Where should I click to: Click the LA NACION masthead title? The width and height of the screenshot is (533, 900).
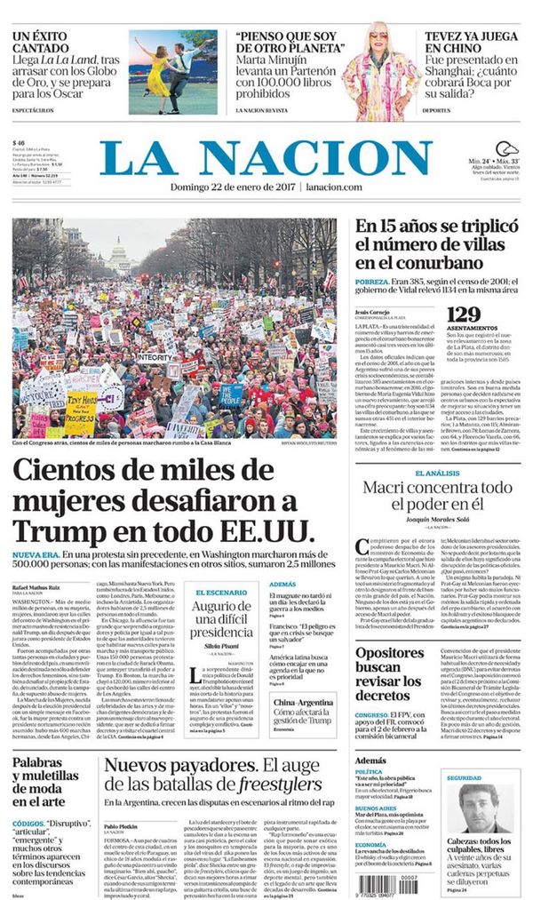click(266, 157)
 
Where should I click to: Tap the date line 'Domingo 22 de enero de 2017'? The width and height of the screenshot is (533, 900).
click(234, 187)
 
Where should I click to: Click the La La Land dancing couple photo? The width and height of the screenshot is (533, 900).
click(172, 71)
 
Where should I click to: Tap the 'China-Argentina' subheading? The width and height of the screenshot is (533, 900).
click(302, 702)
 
